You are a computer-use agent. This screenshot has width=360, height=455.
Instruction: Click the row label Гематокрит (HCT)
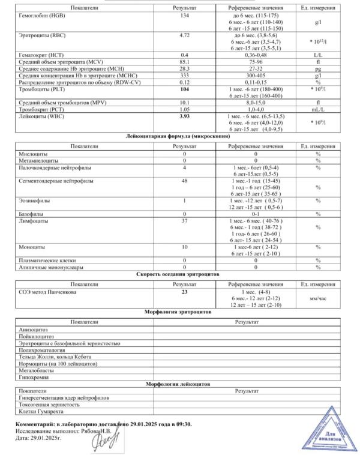41,55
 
